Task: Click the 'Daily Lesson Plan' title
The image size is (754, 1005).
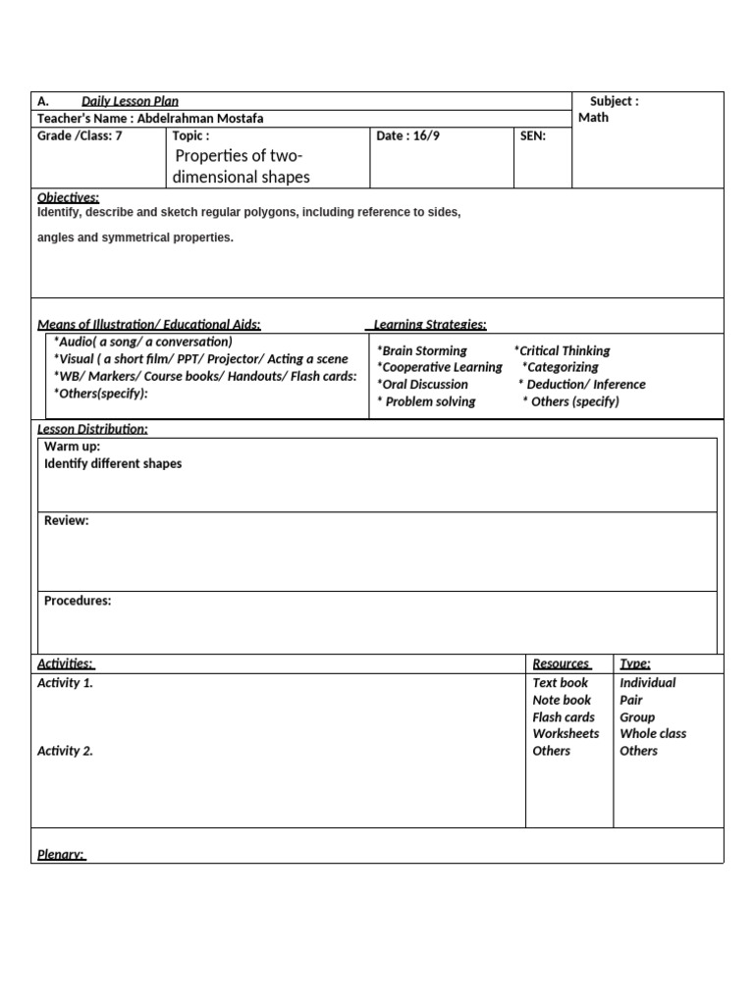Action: [x=130, y=101]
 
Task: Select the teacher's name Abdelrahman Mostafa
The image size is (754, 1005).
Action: [x=200, y=118]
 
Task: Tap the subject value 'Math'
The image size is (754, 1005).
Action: [x=593, y=118]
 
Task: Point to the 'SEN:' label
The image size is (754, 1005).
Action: [x=532, y=135]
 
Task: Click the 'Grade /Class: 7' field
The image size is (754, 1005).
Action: [x=80, y=135]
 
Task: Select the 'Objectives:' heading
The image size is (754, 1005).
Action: [x=68, y=197]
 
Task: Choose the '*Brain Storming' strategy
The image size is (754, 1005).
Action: [x=422, y=350]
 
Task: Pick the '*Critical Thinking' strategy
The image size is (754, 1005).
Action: [x=562, y=350]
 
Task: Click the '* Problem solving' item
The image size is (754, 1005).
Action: [x=426, y=401]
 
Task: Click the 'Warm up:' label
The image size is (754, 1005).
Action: [x=72, y=447]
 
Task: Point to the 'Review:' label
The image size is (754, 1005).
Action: [x=66, y=520]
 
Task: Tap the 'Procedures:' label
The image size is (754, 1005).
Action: [x=78, y=601]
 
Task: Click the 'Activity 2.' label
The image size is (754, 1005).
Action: [x=65, y=751]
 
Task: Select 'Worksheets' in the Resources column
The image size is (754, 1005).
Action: [x=565, y=734]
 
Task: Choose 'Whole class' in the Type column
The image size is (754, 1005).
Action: [x=653, y=734]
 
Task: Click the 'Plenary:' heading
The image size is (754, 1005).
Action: [x=61, y=855]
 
